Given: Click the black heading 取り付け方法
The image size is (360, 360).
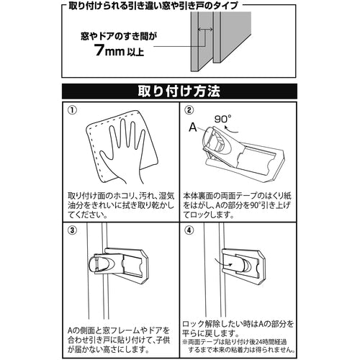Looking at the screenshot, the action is [179, 91].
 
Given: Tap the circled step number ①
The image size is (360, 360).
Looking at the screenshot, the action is [72, 110].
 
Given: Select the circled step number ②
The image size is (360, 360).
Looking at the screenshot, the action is [189, 110].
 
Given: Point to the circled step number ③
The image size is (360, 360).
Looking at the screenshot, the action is [72, 230].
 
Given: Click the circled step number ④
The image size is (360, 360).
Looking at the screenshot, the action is [189, 230].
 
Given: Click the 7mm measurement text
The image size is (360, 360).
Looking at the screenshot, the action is [109, 50].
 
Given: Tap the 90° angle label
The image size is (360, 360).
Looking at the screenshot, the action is [223, 119].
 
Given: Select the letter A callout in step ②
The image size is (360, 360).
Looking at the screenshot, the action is [193, 127].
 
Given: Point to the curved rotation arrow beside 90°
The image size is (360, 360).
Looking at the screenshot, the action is [230, 130].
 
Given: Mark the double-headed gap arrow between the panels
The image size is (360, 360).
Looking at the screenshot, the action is [205, 30].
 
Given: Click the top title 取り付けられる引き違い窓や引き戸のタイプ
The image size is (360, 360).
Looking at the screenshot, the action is [153, 6].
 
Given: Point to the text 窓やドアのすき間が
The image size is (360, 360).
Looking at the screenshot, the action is [119, 37].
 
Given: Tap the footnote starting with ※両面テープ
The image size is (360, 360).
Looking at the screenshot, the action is [238, 346].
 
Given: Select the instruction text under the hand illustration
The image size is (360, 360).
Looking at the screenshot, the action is [121, 205].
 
